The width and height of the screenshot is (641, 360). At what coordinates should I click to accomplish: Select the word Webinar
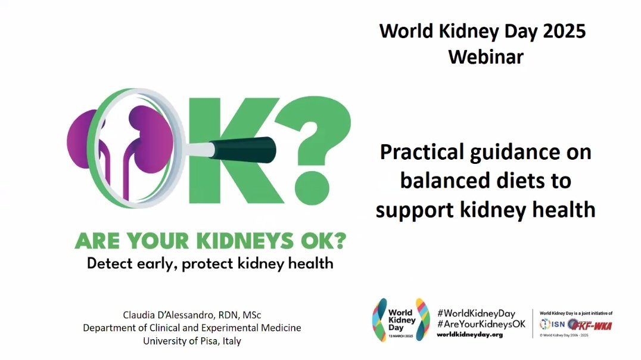tap(486, 57)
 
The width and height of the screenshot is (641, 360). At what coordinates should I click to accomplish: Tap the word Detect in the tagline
tap(110, 263)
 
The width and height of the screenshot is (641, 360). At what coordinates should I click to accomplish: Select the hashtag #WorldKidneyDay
tap(475, 314)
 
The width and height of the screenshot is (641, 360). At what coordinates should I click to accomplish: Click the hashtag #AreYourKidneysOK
tap(481, 324)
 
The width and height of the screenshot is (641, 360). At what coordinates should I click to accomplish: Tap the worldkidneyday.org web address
tap(469, 335)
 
